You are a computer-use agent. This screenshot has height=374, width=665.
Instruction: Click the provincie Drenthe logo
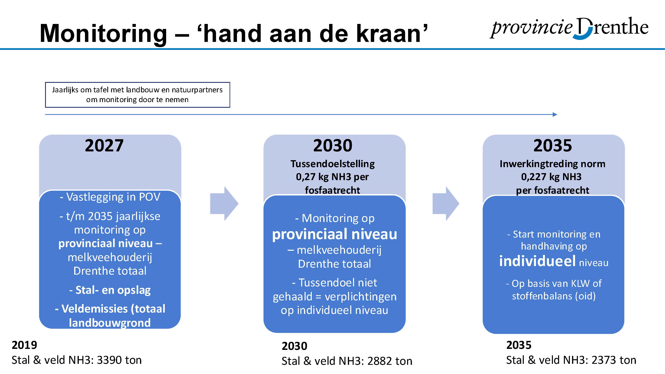[569, 28]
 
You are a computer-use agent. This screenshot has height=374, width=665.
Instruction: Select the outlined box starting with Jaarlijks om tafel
[138, 95]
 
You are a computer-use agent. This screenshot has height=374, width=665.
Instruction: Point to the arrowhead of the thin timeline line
[555, 114]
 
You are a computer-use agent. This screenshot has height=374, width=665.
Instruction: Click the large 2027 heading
[104, 146]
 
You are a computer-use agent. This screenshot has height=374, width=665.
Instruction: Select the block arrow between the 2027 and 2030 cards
[224, 203]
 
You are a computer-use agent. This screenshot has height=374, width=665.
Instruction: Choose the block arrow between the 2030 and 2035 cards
[446, 203]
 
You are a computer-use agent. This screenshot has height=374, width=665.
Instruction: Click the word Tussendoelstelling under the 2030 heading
[333, 164]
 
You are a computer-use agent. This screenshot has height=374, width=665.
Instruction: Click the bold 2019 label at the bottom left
[24, 345]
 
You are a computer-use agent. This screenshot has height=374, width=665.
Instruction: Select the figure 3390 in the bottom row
[107, 360]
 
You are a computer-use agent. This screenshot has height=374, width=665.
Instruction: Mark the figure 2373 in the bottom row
[603, 360]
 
